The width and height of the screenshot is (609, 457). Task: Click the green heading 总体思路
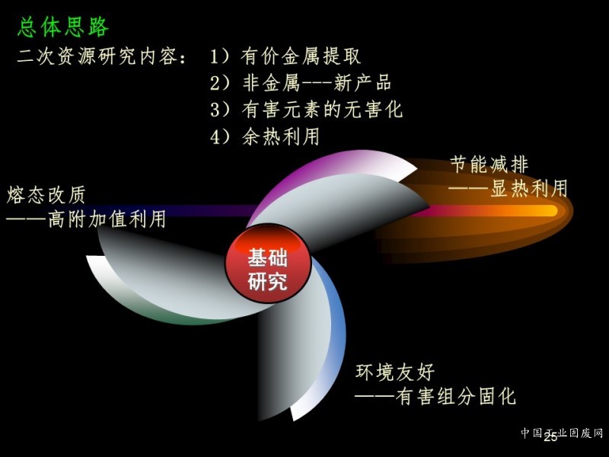(x=63, y=27)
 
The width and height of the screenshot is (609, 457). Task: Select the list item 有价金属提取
(x=301, y=56)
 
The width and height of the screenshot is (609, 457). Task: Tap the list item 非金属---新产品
(x=317, y=83)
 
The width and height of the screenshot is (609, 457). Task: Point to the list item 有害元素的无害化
(x=322, y=109)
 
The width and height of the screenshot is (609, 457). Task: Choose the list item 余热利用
(x=280, y=136)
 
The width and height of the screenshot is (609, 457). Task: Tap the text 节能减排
(x=489, y=164)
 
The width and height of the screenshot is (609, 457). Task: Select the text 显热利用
(x=528, y=188)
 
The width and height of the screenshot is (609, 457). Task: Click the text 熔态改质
(x=46, y=195)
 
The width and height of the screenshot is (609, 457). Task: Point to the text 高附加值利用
(x=107, y=219)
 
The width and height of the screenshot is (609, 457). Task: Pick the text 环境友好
(x=395, y=372)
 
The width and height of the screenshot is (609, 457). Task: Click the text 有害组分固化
(x=455, y=397)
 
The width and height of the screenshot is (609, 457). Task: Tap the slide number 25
(x=550, y=437)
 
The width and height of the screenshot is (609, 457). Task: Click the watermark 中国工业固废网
(x=562, y=433)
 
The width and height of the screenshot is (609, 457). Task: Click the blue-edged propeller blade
(x=303, y=342)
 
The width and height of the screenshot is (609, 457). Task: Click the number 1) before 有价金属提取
(x=220, y=56)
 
